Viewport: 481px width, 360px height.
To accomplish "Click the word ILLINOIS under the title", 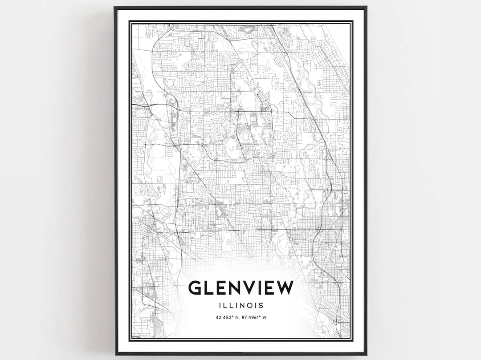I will coord(241,306).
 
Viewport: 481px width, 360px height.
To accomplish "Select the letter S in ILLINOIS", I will coord(261,306).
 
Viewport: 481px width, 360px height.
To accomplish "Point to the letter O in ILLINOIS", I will coord(249,306).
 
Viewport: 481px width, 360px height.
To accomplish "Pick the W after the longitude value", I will coord(265,317).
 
